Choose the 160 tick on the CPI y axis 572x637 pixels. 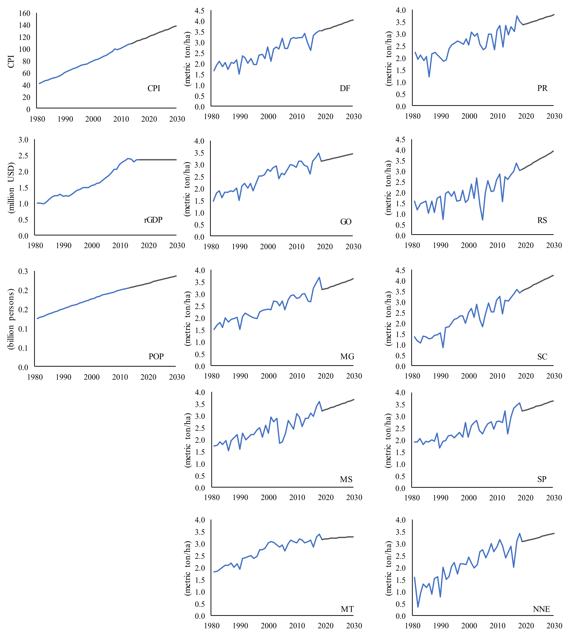[x=24, y=13]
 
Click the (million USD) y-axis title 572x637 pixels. [x=11, y=188]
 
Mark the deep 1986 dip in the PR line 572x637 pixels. [x=429, y=77]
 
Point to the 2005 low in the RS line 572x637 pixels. [x=482, y=220]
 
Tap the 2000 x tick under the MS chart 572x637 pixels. [x=269, y=497]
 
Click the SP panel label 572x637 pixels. [x=542, y=479]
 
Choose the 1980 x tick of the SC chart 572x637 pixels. [x=412, y=376]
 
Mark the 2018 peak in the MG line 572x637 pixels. [x=319, y=277]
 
